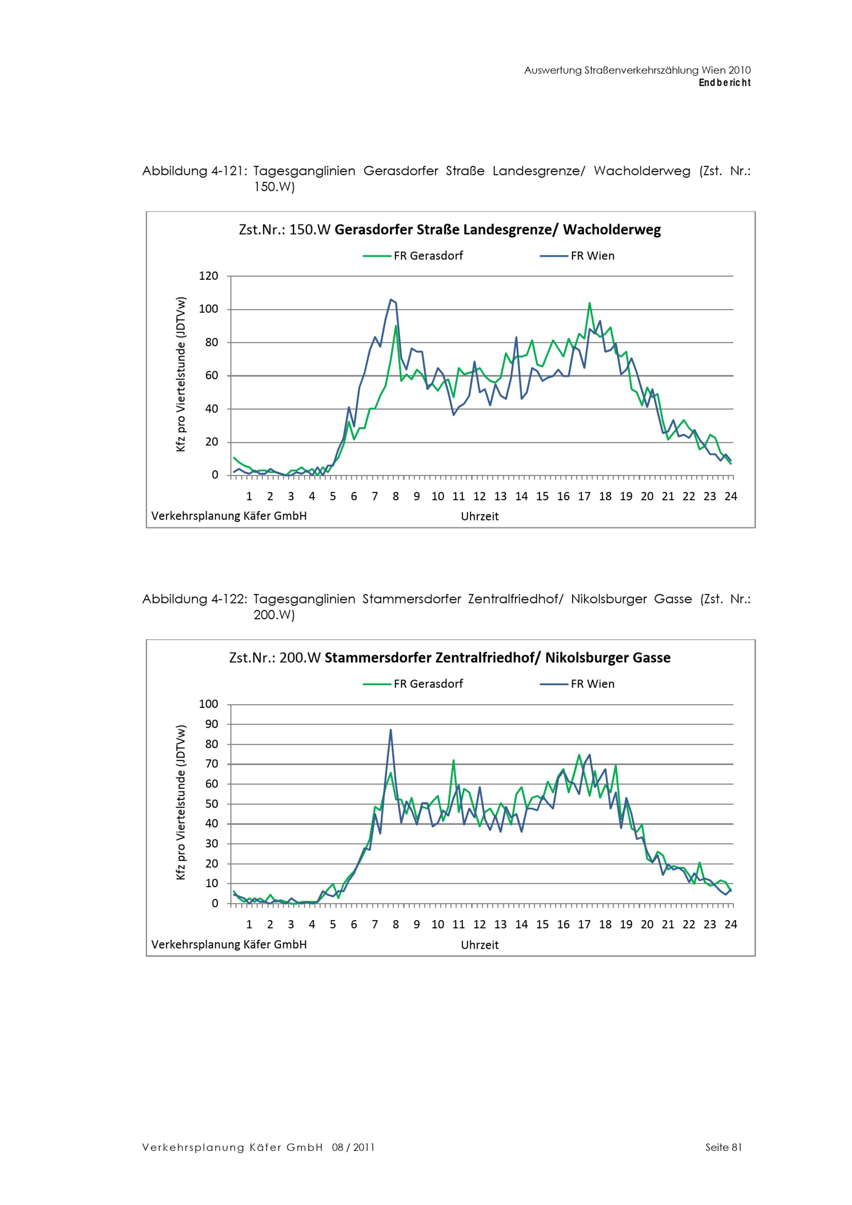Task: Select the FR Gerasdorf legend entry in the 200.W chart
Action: tap(413, 684)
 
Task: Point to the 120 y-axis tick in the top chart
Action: tap(208, 276)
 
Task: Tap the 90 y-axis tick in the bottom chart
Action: tap(212, 724)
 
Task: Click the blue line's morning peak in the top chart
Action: tap(391, 300)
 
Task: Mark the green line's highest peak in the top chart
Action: tap(590, 303)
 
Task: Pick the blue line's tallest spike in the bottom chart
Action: tap(391, 729)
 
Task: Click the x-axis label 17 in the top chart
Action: tap(584, 496)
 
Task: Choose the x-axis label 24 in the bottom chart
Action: tap(731, 925)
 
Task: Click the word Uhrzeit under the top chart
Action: tap(480, 516)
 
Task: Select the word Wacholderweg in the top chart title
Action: tap(612, 230)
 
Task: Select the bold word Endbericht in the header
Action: tap(725, 83)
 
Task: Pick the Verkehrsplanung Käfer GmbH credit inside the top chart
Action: tap(229, 516)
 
